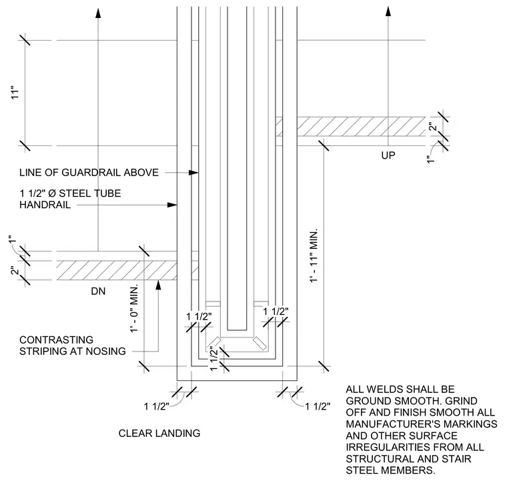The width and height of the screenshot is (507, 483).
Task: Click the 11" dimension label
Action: coord(15,93)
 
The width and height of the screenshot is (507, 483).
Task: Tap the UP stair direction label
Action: coord(388,155)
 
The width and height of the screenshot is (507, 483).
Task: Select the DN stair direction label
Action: coord(98,292)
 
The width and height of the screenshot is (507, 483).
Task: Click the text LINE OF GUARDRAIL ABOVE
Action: coord(89,173)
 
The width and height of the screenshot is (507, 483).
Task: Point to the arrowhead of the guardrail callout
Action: coord(193,173)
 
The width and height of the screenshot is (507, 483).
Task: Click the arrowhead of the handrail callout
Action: coord(172,205)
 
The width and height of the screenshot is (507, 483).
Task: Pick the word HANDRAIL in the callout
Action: coord(45,205)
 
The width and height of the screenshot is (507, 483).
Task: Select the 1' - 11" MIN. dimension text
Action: coord(314,256)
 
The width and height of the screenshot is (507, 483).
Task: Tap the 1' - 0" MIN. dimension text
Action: coord(134,308)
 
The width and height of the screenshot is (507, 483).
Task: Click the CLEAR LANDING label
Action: coord(159,433)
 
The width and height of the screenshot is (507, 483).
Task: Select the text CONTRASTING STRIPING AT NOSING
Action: coord(73,346)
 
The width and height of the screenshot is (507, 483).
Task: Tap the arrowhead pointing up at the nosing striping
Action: coord(158,284)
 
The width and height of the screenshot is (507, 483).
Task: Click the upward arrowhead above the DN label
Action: coord(98,13)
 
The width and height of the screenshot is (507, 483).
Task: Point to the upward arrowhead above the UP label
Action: coord(388,11)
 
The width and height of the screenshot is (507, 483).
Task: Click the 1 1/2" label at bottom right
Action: coord(318,406)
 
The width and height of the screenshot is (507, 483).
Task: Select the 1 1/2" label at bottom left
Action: coord(157,406)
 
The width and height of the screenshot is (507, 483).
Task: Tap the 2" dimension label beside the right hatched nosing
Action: coord(433,126)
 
